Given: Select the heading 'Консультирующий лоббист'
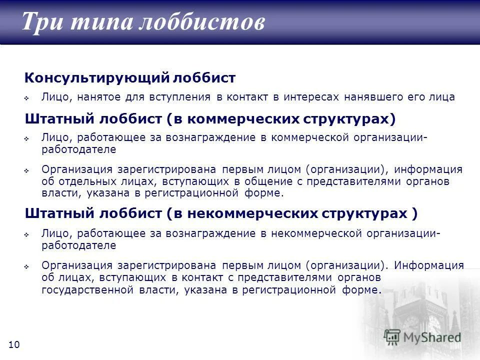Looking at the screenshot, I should click(130, 78).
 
